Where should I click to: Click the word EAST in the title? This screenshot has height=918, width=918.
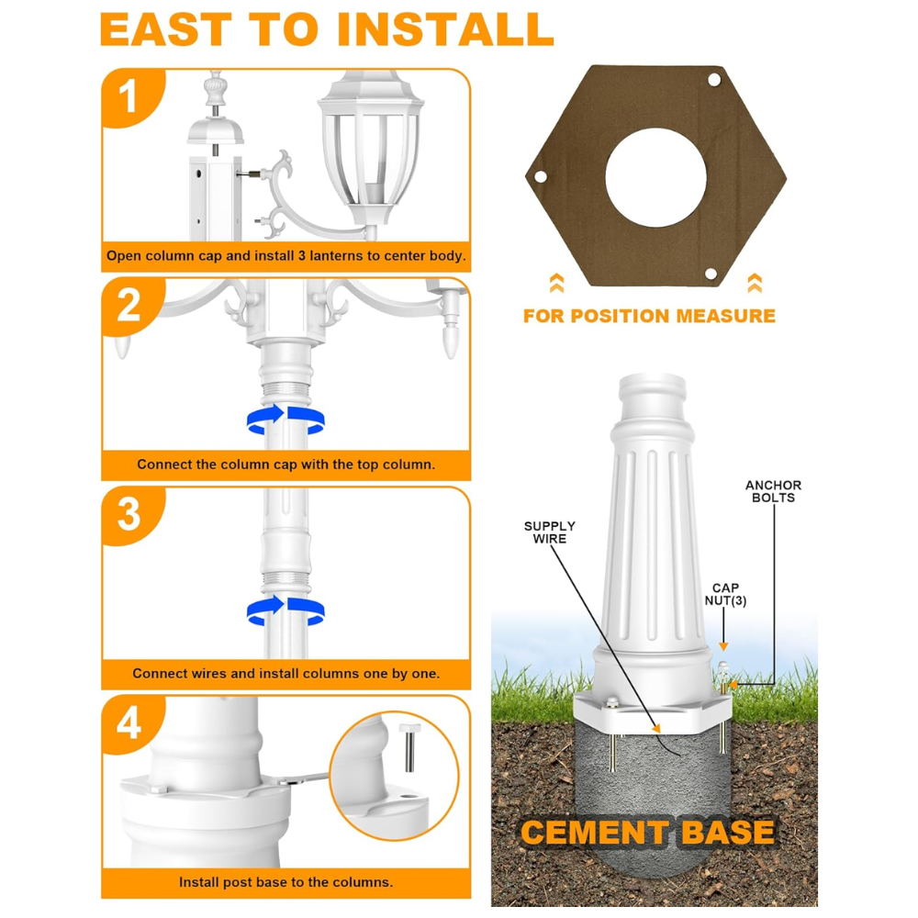click(x=166, y=29)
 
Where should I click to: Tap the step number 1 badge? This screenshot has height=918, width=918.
click(x=130, y=96)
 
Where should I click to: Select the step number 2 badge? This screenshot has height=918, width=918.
click(x=130, y=306)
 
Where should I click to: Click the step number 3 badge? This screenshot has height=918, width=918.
click(x=130, y=515)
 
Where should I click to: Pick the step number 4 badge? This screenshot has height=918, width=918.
click(x=130, y=723)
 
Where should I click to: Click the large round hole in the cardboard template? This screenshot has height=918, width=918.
click(x=655, y=178)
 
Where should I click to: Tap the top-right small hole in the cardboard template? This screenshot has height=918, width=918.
click(x=714, y=80)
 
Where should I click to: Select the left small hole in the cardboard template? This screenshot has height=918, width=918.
click(x=541, y=175)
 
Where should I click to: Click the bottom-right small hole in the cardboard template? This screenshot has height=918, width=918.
click(x=711, y=274)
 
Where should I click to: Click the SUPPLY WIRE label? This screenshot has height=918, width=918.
click(x=549, y=532)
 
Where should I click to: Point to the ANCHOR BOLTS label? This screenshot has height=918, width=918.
click(x=773, y=491)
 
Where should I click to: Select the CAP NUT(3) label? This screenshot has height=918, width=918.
click(x=725, y=594)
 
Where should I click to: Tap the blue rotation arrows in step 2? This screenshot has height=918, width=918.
click(x=285, y=420)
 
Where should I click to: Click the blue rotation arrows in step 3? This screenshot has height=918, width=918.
click(x=285, y=610)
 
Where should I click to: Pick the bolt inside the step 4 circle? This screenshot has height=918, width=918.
click(x=409, y=747)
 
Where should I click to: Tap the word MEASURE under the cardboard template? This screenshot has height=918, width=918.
click(x=725, y=316)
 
